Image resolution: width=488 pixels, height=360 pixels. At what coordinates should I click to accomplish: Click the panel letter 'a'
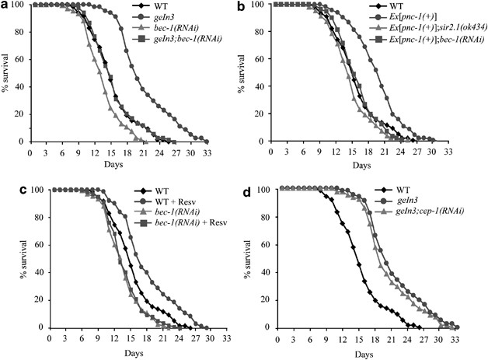5,5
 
